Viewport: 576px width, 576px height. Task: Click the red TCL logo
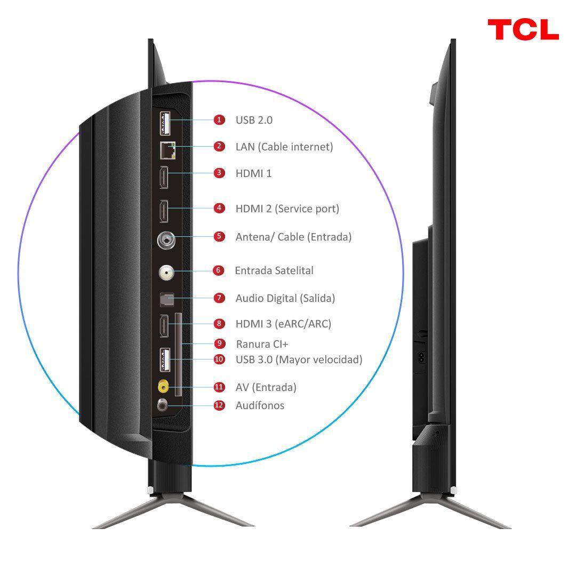[523, 30]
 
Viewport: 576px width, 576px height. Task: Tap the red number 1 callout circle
[219, 120]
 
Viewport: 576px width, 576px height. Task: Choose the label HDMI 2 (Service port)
[287, 209]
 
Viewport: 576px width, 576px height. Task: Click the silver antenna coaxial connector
[166, 241]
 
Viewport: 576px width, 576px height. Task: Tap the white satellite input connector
[166, 273]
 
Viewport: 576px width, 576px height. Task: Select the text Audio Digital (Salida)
[285, 298]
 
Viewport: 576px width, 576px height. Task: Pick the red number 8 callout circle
[219, 324]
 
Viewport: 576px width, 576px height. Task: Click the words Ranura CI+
[262, 344]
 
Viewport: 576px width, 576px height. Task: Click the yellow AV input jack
[164, 386]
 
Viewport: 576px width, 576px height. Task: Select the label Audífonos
[260, 405]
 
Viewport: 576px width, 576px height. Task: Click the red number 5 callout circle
[219, 236]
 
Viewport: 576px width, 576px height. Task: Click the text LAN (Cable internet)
[284, 147]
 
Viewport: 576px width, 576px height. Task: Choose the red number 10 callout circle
[219, 359]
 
